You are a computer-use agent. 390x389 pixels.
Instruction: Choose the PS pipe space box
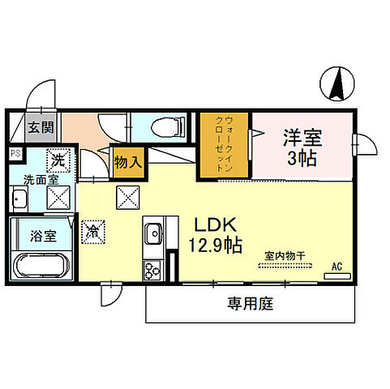click(x=15, y=152)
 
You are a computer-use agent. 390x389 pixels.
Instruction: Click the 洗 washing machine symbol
click(x=58, y=160)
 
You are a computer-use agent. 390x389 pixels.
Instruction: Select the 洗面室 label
click(x=38, y=179)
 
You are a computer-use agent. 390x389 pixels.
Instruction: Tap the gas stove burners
click(x=153, y=269)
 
